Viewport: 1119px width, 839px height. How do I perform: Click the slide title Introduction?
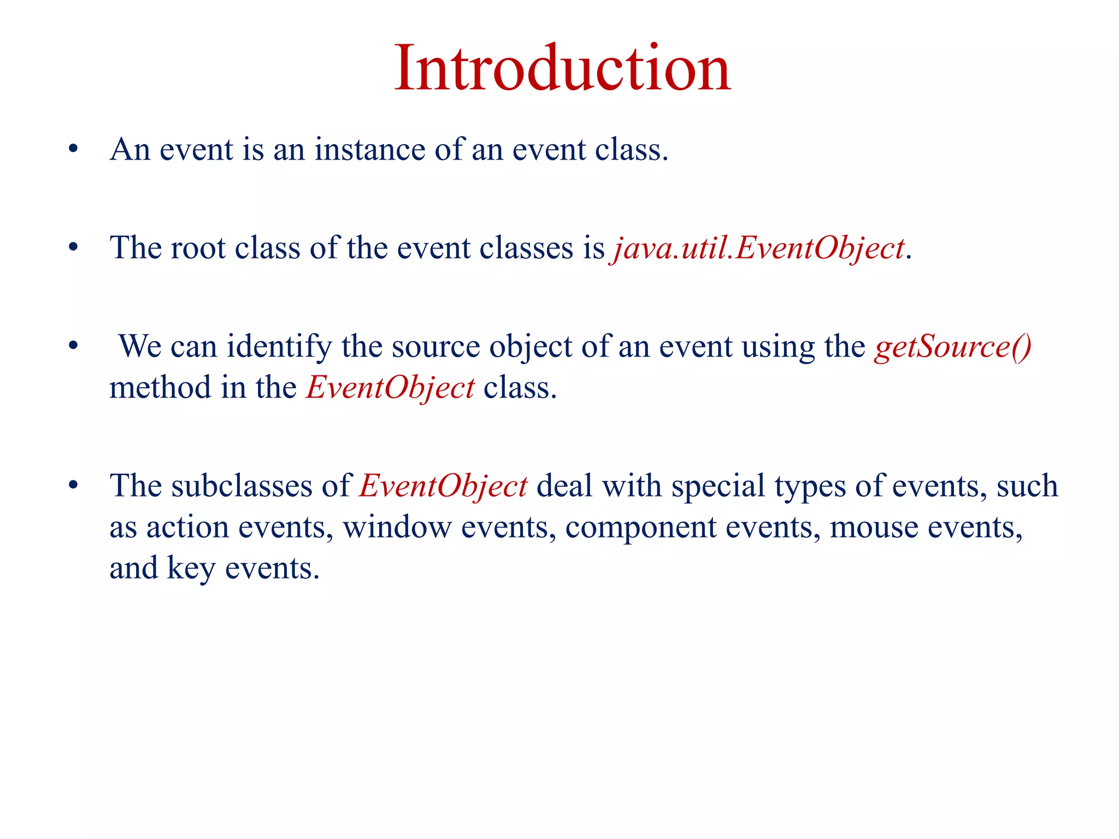coord(562,69)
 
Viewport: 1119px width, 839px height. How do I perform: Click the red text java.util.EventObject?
coord(759,249)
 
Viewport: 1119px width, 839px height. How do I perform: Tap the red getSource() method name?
coord(952,347)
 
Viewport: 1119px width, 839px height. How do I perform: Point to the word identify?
coord(279,347)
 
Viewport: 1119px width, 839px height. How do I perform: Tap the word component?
coord(640,528)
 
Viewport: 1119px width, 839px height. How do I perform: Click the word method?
coord(160,388)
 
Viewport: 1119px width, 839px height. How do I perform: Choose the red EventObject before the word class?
coord(390,388)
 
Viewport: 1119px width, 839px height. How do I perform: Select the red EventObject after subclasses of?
coord(443,486)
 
